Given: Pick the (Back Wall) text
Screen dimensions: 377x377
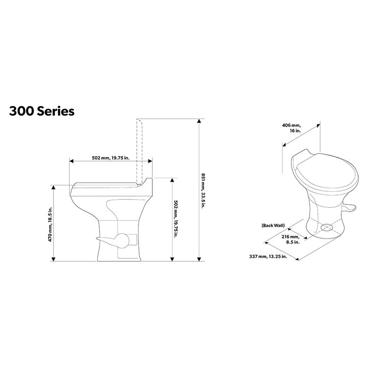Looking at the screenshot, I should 272,226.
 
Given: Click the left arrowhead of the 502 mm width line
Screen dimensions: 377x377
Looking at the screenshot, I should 71,161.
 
